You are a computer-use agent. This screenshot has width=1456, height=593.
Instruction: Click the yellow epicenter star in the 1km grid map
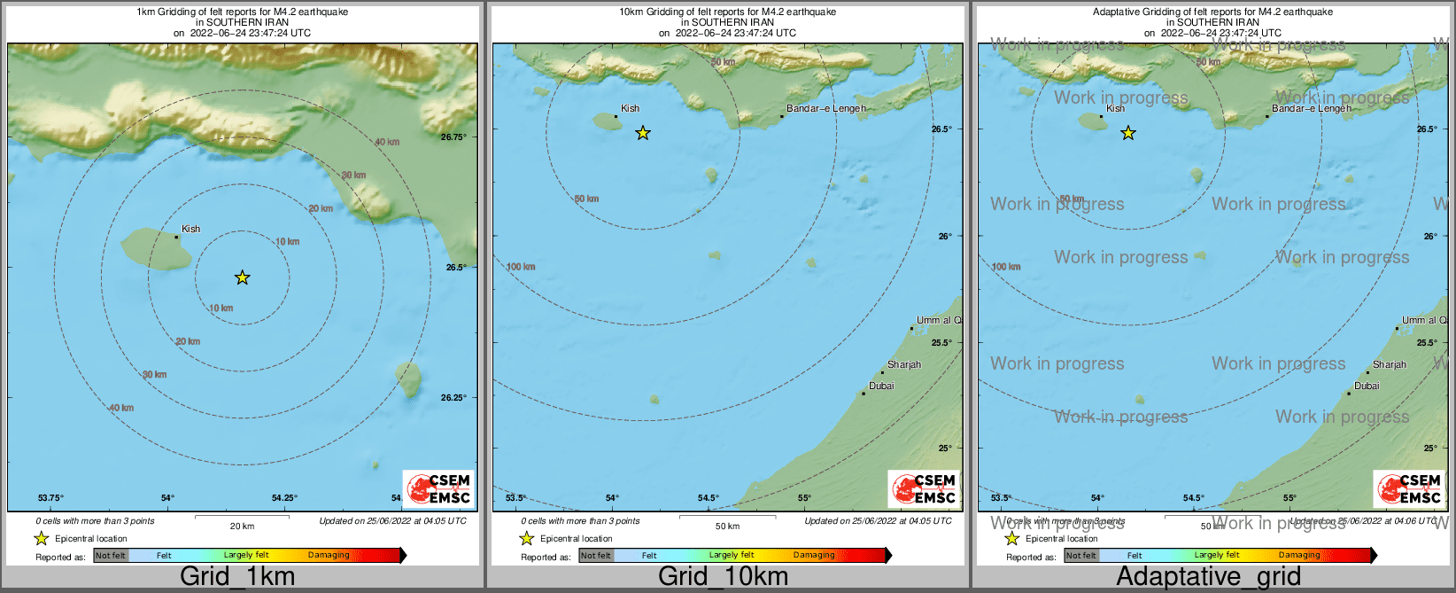pyautogui.click(x=243, y=278)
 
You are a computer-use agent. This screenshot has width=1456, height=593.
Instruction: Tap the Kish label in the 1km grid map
pyautogui.click(x=190, y=229)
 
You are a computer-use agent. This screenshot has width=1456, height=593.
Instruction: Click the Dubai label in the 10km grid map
pyautogui.click(x=881, y=386)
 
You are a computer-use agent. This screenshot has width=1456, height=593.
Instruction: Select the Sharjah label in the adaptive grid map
pyautogui.click(x=1390, y=364)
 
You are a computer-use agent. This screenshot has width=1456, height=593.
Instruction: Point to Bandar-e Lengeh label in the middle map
pyautogui.click(x=825, y=109)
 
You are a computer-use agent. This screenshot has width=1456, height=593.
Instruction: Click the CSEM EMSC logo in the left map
pyautogui.click(x=439, y=488)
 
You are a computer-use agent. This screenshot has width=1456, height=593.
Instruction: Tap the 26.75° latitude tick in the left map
pyautogui.click(x=453, y=137)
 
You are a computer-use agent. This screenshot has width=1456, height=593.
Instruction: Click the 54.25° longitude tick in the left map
pyautogui.click(x=284, y=498)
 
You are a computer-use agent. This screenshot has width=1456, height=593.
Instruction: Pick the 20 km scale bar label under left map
pyautogui.click(x=242, y=527)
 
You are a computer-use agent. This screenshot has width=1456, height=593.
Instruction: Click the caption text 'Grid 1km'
pyautogui.click(x=237, y=576)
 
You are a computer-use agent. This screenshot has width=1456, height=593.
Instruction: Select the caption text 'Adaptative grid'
pyautogui.click(x=1208, y=576)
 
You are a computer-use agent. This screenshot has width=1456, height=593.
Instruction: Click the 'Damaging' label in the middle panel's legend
pyautogui.click(x=814, y=556)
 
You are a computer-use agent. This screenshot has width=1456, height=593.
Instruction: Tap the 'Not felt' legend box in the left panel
pyautogui.click(x=111, y=556)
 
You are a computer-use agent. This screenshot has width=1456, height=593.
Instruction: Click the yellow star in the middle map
pyautogui.click(x=643, y=134)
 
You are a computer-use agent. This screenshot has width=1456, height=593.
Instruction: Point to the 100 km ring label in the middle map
pyautogui.click(x=521, y=267)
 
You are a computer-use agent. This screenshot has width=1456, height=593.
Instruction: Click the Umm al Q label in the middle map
pyautogui.click(x=938, y=320)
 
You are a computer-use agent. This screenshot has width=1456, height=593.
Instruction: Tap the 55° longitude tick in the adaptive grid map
pyautogui.click(x=1289, y=498)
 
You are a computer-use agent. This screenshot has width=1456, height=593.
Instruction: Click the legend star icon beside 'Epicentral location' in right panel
pyautogui.click(x=1012, y=539)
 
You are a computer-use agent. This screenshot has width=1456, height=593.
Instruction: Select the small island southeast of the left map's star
pyautogui.click(x=408, y=378)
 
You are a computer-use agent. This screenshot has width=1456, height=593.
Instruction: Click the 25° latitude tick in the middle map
pyautogui.click(x=945, y=448)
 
